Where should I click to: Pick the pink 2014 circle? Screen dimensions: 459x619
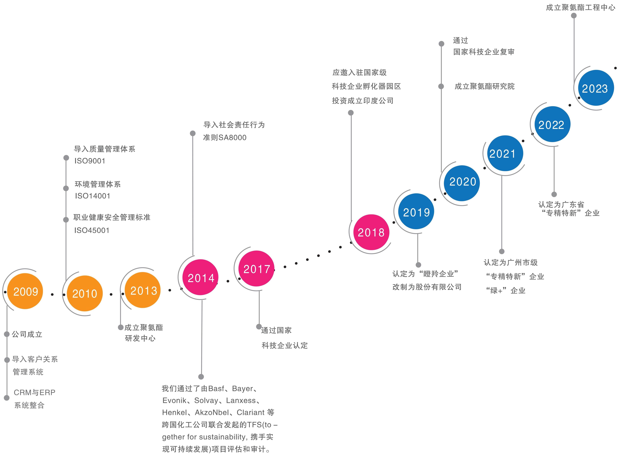(x=201, y=277)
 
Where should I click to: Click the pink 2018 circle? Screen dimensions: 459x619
(x=371, y=232)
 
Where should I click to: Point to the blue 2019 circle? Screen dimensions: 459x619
(x=416, y=212)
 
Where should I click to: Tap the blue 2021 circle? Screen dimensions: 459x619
(x=505, y=153)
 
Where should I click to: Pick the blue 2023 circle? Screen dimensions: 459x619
(x=596, y=88)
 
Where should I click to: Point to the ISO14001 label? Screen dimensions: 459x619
(x=93, y=196)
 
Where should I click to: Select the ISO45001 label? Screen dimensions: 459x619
(x=92, y=230)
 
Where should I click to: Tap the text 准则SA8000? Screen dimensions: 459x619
(x=225, y=138)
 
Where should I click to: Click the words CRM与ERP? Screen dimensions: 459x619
(x=34, y=392)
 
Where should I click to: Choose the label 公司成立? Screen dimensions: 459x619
(x=27, y=334)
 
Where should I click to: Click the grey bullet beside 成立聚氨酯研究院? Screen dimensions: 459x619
(x=441, y=86)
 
